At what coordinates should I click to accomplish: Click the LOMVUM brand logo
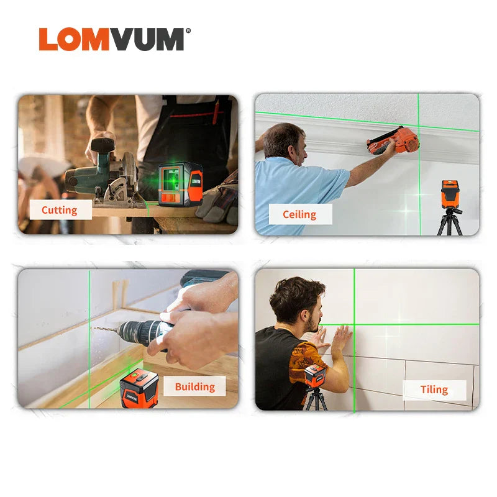click(x=112, y=39)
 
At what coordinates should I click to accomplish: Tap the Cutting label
click(x=60, y=210)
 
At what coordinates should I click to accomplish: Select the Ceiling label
click(x=299, y=214)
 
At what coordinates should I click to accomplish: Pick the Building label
click(x=194, y=386)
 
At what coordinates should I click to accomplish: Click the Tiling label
click(x=434, y=390)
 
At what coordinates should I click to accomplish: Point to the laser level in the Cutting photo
click(x=180, y=185)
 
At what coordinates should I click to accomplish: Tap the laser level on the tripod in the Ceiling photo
click(x=450, y=194)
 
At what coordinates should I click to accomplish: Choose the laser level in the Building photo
click(x=139, y=388)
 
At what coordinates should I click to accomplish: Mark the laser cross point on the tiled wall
click(x=354, y=324)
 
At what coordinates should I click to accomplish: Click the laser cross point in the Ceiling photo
click(x=419, y=124)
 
